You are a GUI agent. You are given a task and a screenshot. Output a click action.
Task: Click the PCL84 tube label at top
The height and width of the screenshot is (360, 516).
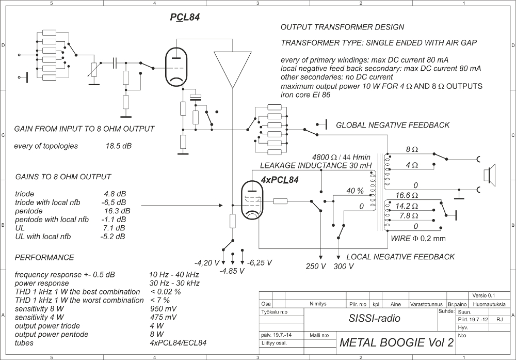(185, 18)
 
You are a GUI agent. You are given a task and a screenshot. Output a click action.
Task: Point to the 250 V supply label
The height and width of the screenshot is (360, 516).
(316, 267)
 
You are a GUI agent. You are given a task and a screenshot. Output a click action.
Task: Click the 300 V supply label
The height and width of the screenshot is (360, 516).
(344, 267)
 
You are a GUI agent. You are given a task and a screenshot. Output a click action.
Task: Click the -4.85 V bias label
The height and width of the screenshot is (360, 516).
(232, 271)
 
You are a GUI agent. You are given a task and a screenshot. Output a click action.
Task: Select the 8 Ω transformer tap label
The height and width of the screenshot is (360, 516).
(411, 149)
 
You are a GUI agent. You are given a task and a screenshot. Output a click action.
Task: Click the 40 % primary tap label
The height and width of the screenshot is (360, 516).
(355, 191)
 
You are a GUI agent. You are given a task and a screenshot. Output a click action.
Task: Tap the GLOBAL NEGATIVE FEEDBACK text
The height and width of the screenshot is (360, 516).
(393, 125)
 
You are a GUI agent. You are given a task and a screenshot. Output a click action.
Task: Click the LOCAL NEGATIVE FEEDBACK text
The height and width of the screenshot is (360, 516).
(400, 257)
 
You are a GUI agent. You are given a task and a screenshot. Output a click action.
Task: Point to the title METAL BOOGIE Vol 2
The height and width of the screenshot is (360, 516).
(397, 342)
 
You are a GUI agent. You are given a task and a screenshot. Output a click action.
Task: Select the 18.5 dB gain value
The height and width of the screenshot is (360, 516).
(119, 146)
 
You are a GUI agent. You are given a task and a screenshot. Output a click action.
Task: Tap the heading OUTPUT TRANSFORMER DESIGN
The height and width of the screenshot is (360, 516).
(342, 27)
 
